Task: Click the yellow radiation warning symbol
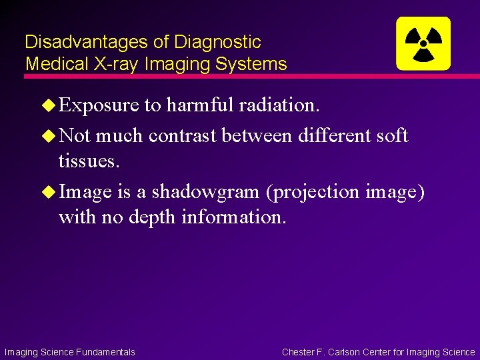point(423,43)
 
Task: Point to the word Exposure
point(99,105)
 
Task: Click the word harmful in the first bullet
point(200,105)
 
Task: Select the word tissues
point(89,161)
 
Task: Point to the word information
point(233,217)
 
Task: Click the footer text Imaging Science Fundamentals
point(69,352)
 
